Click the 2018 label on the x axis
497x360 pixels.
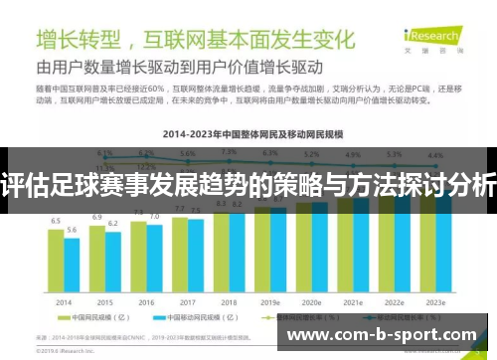click(229, 302)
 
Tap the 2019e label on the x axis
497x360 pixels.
click(270, 302)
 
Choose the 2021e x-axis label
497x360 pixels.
click(353, 302)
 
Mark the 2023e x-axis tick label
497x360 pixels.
click(435, 302)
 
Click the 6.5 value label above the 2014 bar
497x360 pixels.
click(56, 221)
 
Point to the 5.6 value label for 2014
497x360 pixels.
click(72, 230)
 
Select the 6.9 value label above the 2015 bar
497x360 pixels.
click(97, 216)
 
